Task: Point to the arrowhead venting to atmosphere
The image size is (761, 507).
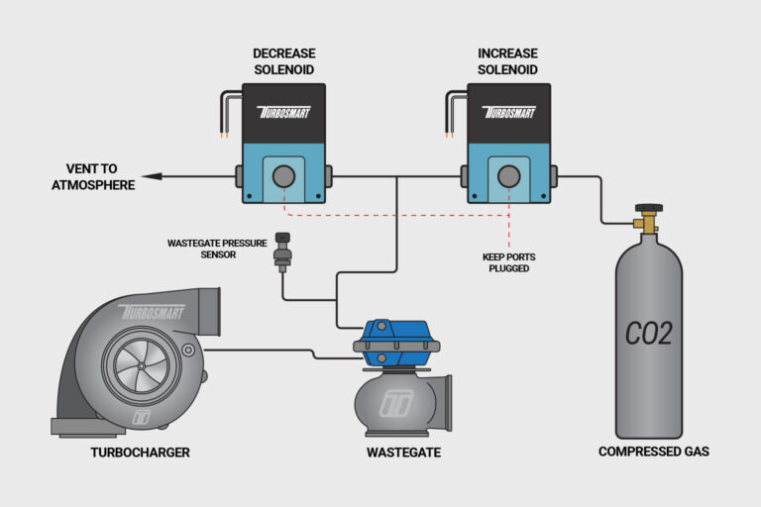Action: pos(147,177)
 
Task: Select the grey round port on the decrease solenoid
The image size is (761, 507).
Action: pos(283,177)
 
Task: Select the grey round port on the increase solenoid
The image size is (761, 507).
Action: pos(509,177)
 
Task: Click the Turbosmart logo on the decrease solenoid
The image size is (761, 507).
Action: pos(283,112)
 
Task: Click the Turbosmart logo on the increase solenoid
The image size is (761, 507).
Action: pos(509,112)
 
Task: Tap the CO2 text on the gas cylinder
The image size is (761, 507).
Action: pos(649,333)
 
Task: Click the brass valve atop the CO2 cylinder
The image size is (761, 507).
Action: pos(649,220)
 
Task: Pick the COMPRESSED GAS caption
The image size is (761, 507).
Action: pos(653,452)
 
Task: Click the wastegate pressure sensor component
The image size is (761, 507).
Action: pos(282,253)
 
